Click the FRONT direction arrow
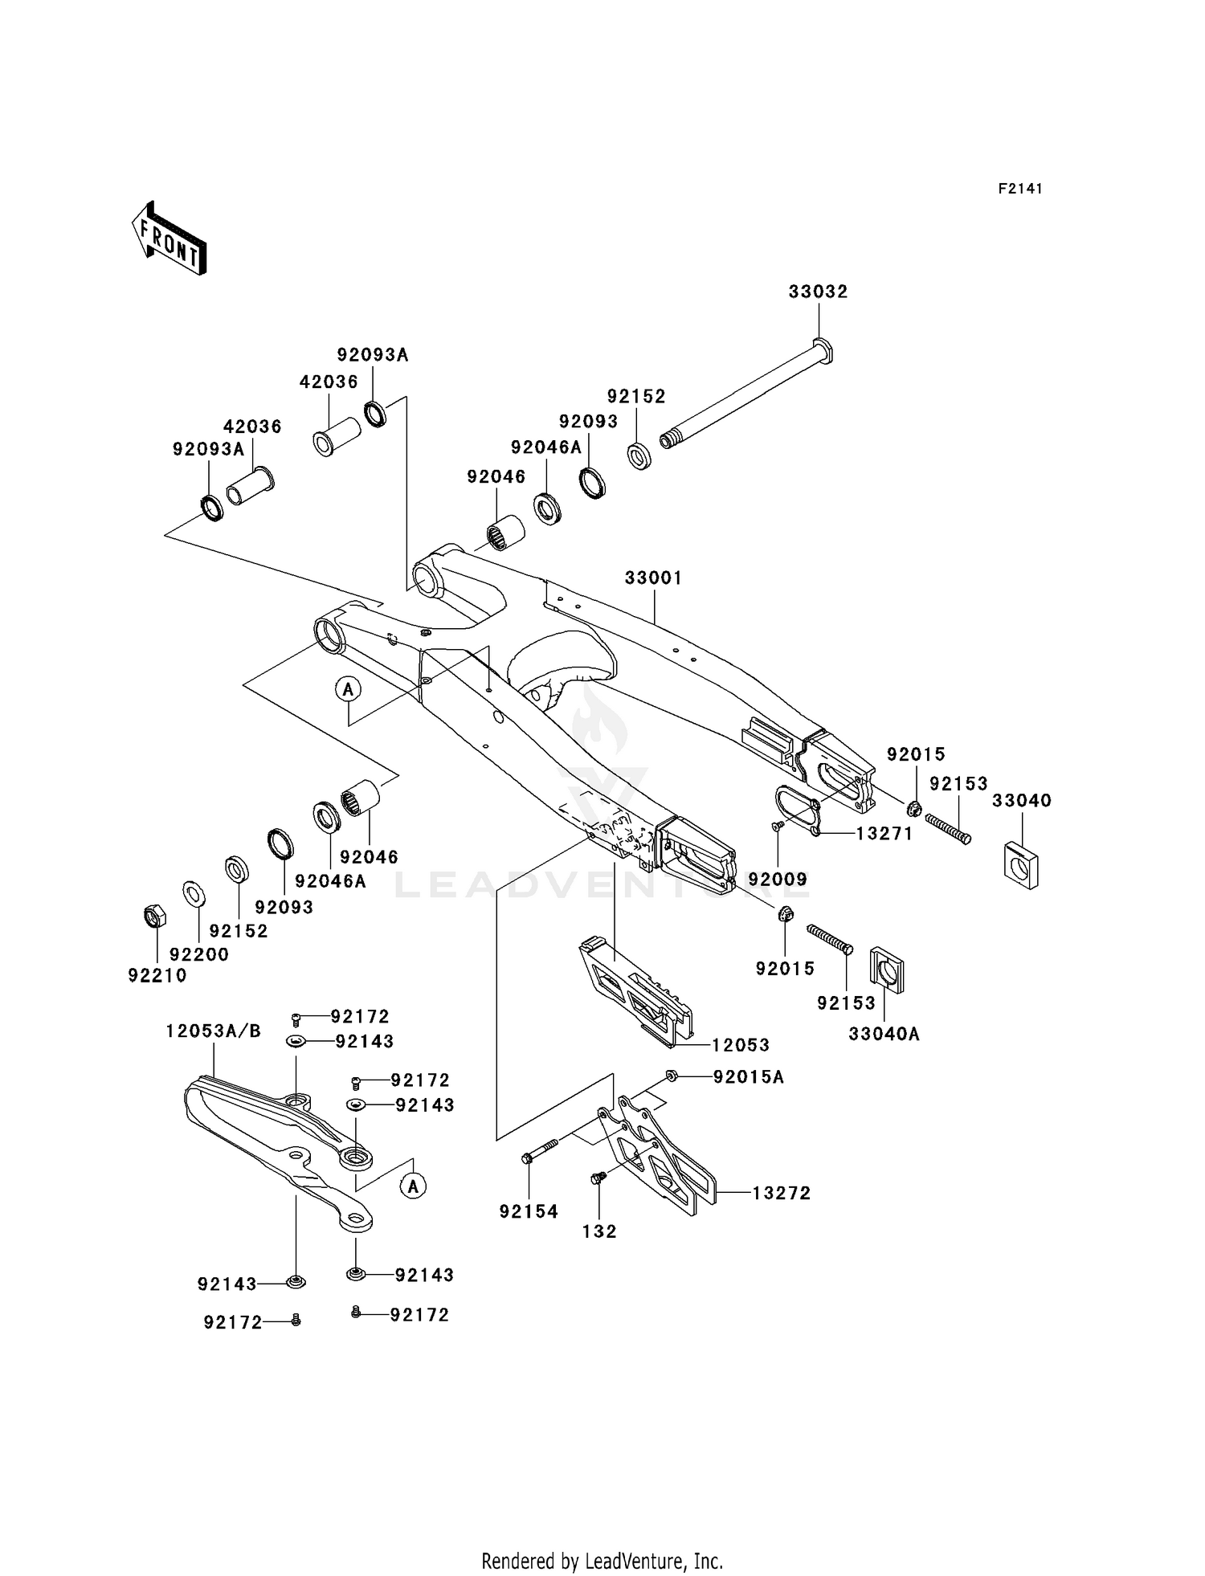coord(170,239)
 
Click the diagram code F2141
coord(1019,189)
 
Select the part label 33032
coord(818,292)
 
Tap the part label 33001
coord(653,578)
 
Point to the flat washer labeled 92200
coord(194,892)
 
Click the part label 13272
coord(781,1194)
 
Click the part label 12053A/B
coord(213,1031)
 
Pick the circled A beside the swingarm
coord(348,689)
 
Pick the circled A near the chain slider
coord(413,1186)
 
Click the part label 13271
coord(884,834)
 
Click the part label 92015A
coord(748,1076)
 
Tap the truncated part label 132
coord(598,1231)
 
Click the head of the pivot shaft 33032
coord(823,351)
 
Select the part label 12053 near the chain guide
coord(740,1045)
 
